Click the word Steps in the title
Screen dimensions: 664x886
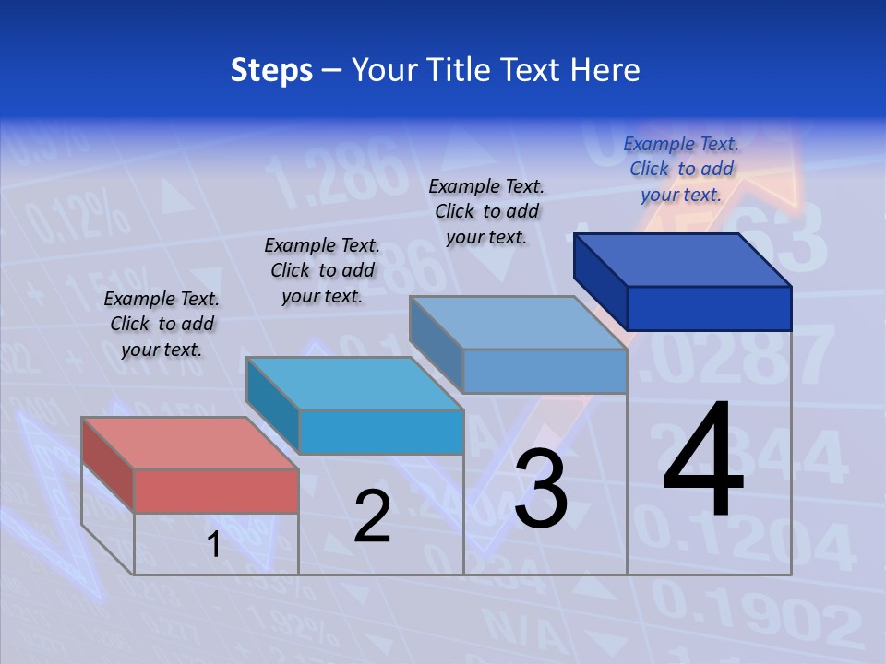(271, 70)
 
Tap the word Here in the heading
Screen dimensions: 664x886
(605, 70)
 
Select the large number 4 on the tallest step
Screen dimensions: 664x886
(703, 461)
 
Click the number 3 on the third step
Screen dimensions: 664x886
(541, 489)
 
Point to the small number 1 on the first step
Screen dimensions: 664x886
(214, 545)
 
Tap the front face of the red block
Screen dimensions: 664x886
(216, 491)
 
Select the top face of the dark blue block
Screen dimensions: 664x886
(683, 259)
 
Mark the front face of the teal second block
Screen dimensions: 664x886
(380, 432)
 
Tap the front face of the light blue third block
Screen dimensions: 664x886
(545, 371)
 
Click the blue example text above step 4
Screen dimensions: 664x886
(681, 169)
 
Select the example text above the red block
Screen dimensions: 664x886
(162, 324)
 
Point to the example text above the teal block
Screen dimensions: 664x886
(322, 270)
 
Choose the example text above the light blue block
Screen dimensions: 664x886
(486, 211)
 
